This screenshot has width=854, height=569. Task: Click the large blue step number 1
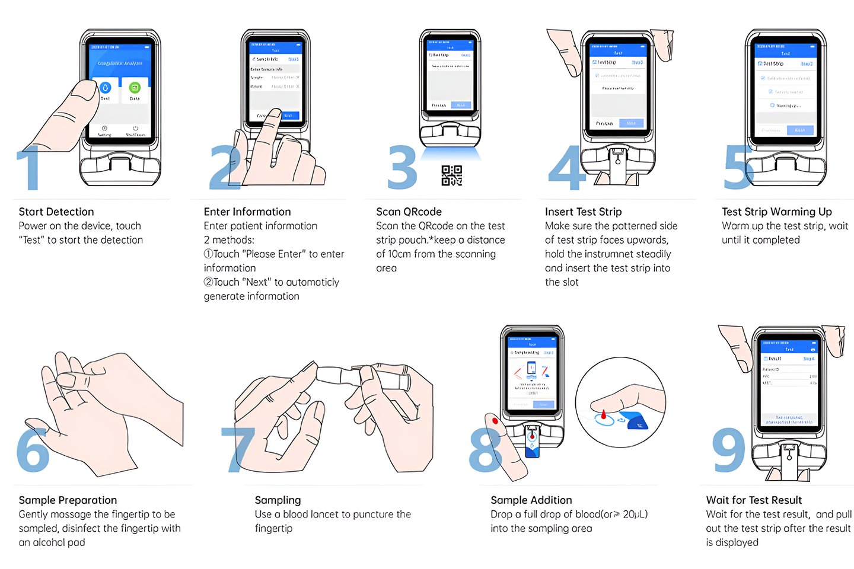click(28, 169)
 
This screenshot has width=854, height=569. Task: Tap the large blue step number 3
click(403, 168)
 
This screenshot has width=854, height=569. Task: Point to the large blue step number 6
click(33, 450)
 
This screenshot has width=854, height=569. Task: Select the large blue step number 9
click(729, 450)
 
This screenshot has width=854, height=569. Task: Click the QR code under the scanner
click(451, 175)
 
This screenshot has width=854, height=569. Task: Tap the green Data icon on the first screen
click(135, 88)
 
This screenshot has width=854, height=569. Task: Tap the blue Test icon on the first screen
click(105, 88)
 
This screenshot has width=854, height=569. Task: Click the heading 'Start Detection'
click(56, 212)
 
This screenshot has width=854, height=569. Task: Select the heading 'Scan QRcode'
click(409, 212)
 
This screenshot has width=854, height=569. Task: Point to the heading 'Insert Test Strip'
click(583, 212)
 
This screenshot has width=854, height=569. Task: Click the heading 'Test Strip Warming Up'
click(776, 212)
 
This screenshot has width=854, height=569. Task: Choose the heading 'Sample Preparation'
click(68, 500)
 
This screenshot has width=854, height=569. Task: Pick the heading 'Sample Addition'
click(531, 500)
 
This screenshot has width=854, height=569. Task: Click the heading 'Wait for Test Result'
click(754, 500)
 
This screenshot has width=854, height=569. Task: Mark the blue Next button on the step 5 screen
click(799, 130)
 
